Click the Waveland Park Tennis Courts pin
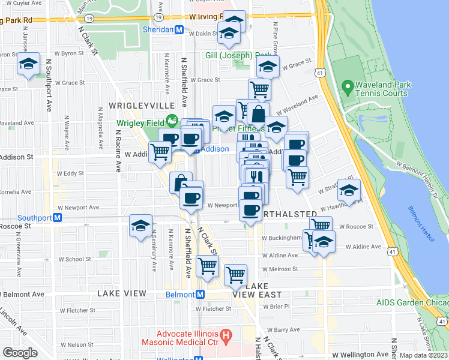click(346, 89)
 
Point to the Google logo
click(20, 353)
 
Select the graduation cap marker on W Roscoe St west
click(140, 226)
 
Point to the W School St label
click(74, 259)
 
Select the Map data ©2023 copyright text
click(423, 355)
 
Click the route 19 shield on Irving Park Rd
click(89, 19)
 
